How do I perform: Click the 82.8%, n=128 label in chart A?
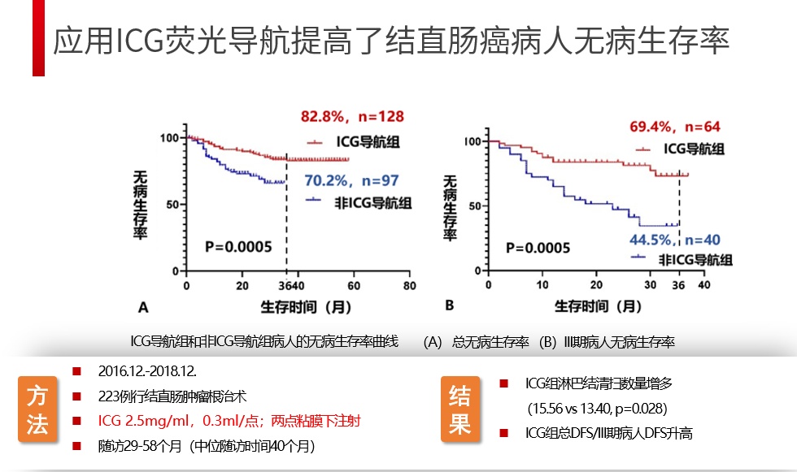[350, 117]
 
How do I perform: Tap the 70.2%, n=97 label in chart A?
[353, 180]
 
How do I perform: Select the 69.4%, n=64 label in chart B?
[675, 127]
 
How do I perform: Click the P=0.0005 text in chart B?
[538, 248]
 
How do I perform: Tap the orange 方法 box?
[37, 410]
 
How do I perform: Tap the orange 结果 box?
[459, 410]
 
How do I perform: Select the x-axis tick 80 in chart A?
[409, 286]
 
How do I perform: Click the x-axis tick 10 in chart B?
[542, 286]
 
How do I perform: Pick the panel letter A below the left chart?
[143, 307]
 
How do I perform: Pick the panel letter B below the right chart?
[449, 305]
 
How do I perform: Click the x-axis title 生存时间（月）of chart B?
[598, 306]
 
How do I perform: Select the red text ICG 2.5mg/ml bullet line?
[229, 421]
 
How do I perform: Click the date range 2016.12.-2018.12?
[149, 371]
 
